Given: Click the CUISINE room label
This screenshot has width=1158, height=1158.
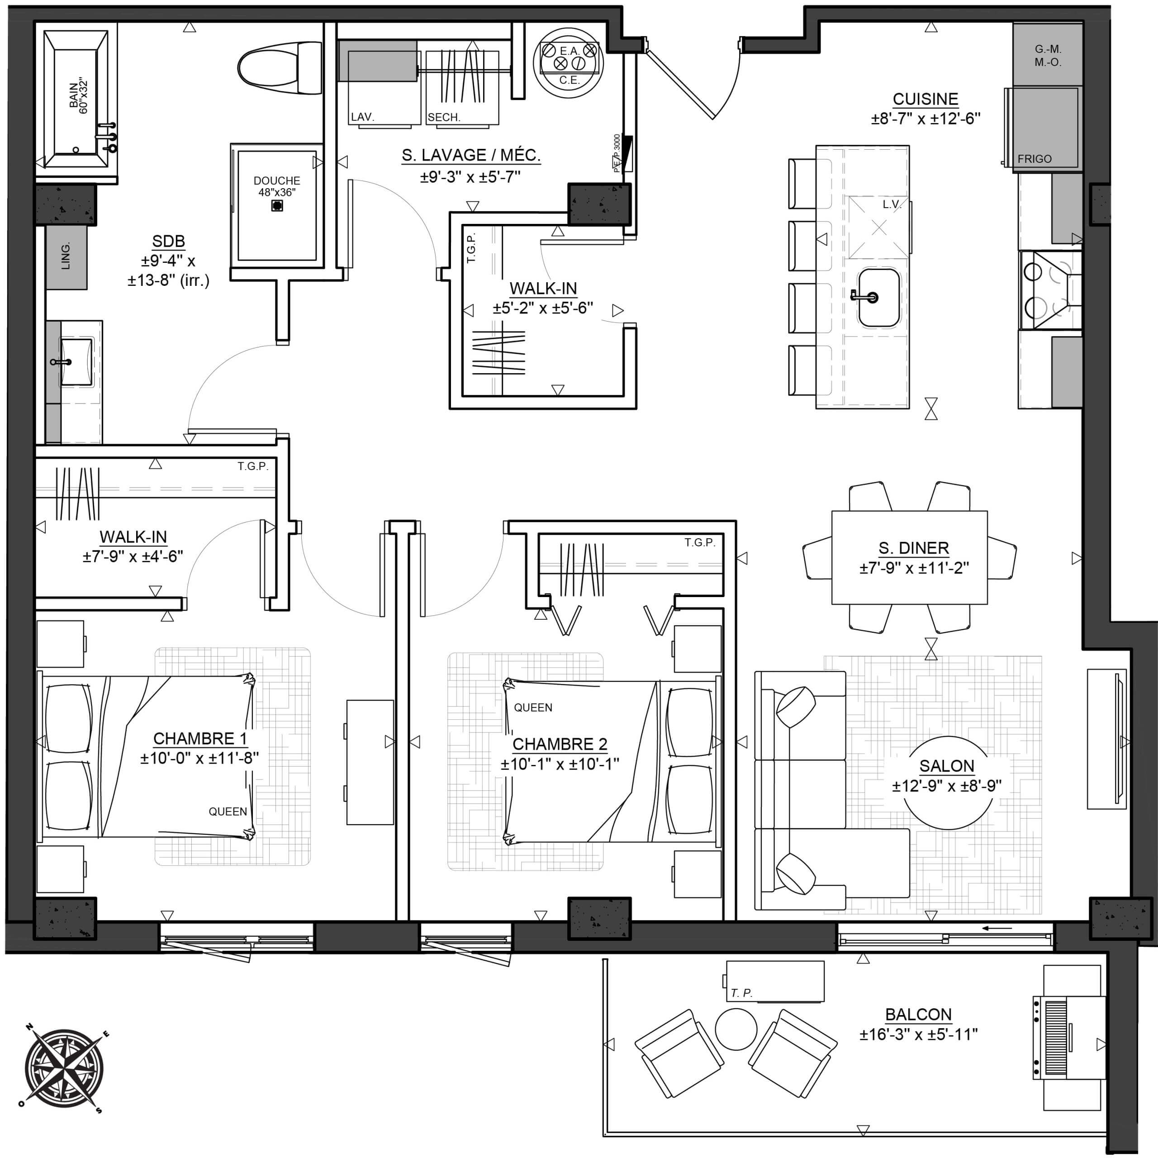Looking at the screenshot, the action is click(925, 99).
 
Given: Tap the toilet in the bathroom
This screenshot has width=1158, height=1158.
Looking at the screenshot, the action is click(280, 68).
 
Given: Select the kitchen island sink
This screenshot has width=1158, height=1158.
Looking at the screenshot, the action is click(879, 297).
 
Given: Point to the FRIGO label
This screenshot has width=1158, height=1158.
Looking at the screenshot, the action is click(1035, 159).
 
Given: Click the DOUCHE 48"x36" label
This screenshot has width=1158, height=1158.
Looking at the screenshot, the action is click(277, 186).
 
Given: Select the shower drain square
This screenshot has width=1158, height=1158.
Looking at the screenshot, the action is click(277, 205).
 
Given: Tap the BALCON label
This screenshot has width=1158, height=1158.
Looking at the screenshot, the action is click(918, 1015).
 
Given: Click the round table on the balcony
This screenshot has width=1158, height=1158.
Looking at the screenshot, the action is click(736, 1029).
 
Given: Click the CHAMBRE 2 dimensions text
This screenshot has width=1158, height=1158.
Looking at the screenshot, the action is click(560, 764).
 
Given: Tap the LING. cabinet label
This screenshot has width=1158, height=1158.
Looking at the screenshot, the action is click(66, 256).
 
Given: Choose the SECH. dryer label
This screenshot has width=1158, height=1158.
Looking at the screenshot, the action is click(444, 118).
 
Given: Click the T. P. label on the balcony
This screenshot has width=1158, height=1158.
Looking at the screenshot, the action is click(741, 993).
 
